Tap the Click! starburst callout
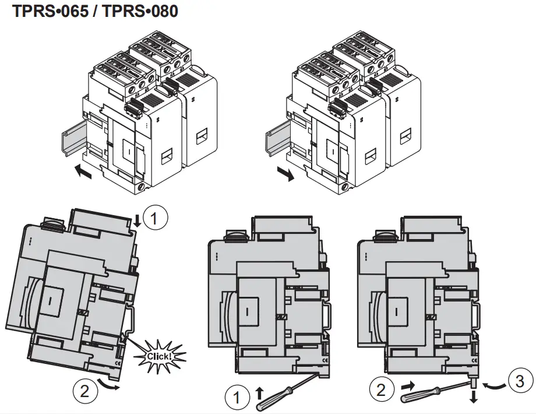[158, 355]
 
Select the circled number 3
[520, 381]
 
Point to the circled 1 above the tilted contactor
[155, 219]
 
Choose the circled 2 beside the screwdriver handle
[382, 390]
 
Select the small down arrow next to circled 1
[137, 220]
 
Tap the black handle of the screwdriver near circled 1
[266, 401]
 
